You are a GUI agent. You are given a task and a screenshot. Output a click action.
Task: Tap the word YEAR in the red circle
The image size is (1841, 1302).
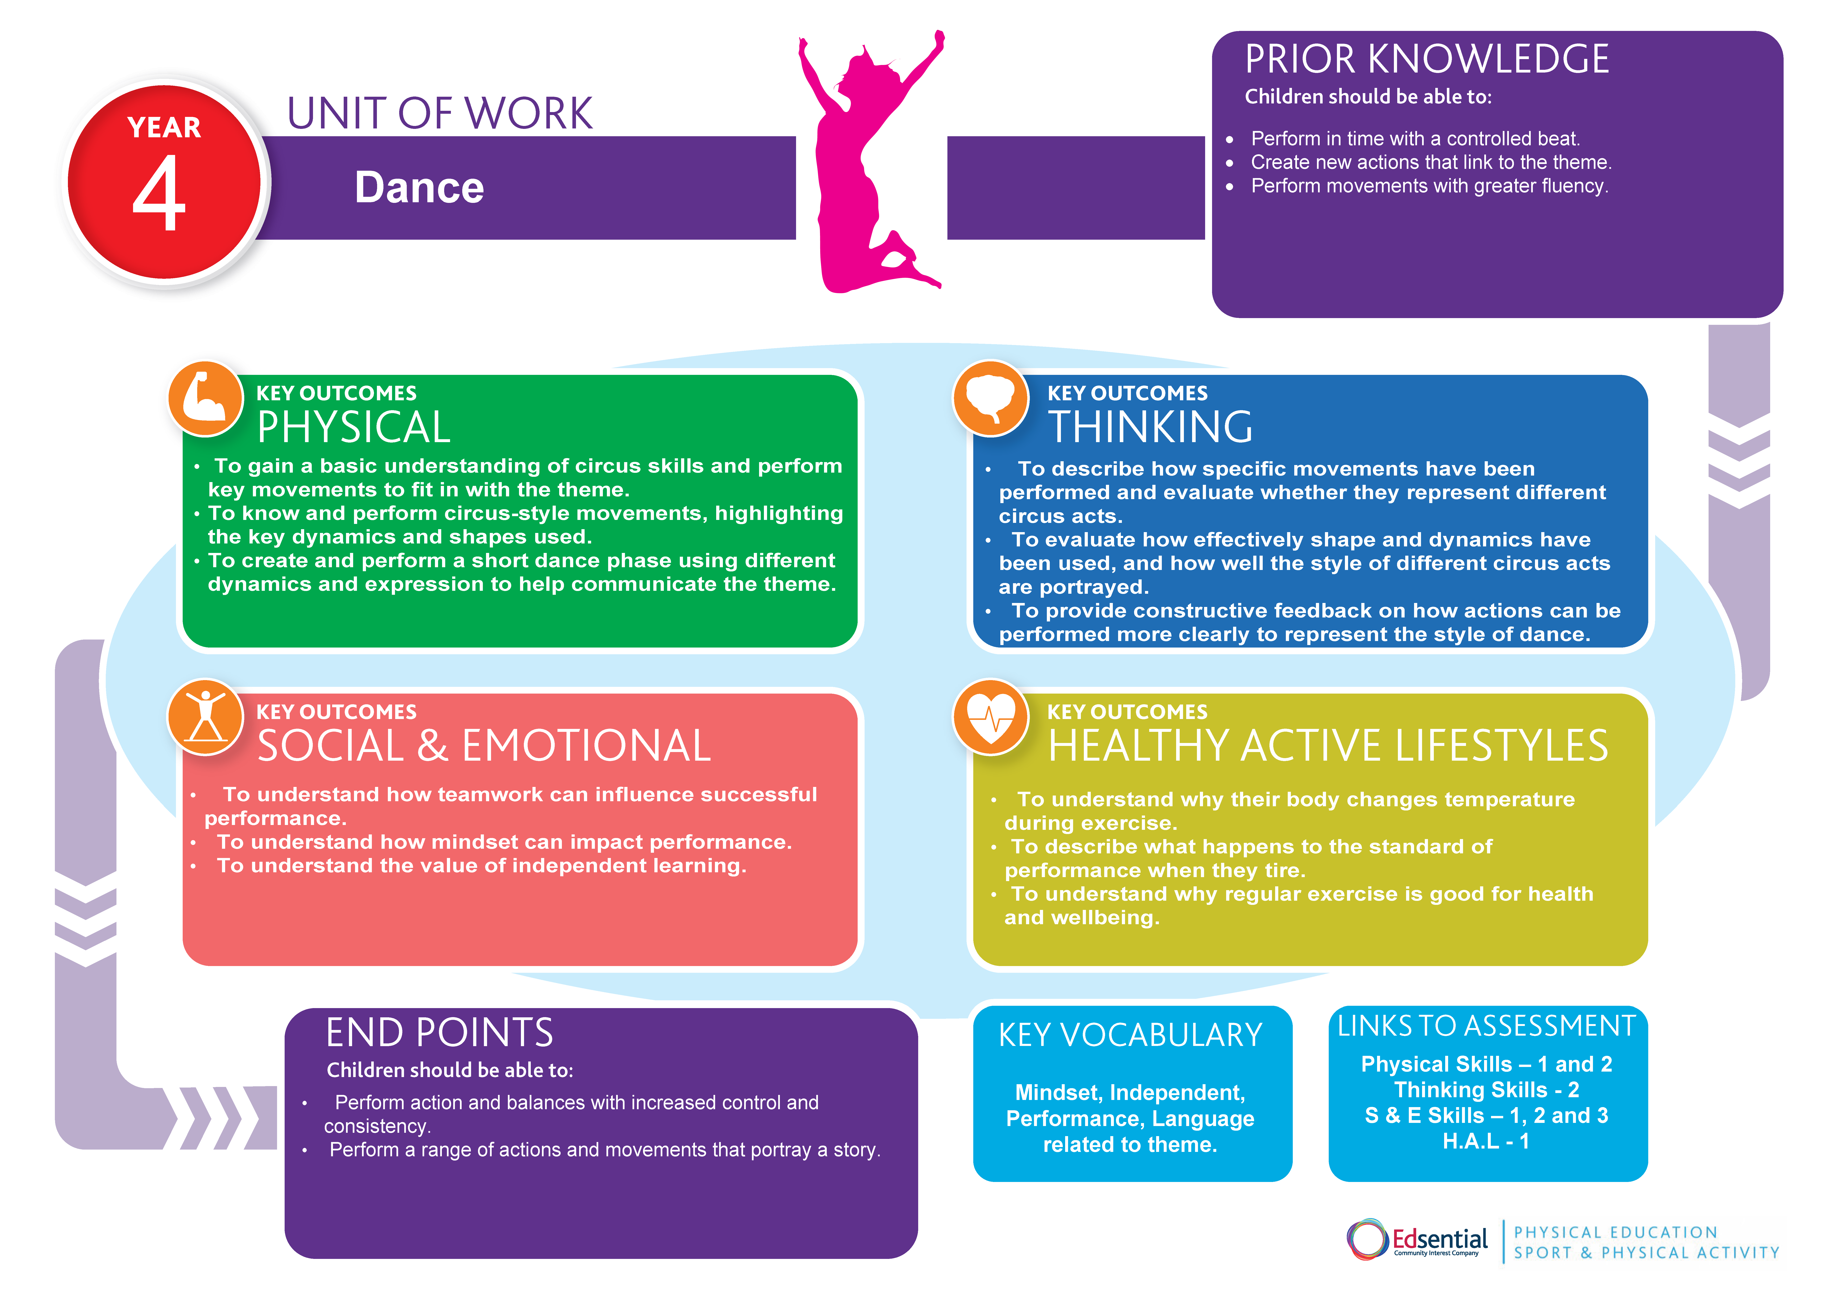[164, 127]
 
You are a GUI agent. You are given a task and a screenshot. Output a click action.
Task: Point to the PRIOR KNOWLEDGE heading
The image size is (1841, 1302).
[1426, 59]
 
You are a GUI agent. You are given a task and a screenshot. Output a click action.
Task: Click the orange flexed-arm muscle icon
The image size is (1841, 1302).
[205, 398]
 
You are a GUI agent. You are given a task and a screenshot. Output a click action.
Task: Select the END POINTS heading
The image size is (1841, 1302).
[439, 1033]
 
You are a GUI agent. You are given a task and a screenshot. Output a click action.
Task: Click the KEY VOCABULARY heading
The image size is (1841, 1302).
[1130, 1035]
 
